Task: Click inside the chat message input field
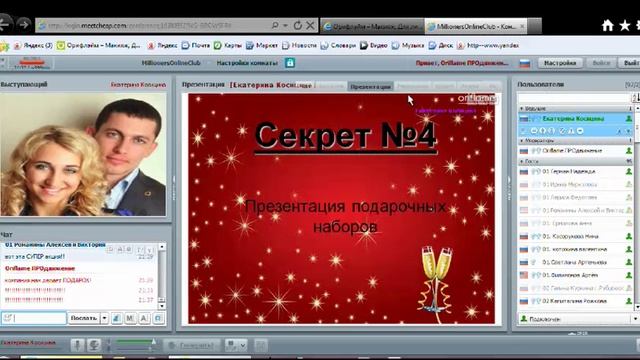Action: click(x=38, y=318)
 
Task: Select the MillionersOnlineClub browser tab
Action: click(x=466, y=26)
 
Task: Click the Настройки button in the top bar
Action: click(x=562, y=62)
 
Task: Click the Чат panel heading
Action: click(x=8, y=234)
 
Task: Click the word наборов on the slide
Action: click(x=345, y=227)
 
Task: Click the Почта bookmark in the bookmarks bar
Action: click(x=202, y=46)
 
